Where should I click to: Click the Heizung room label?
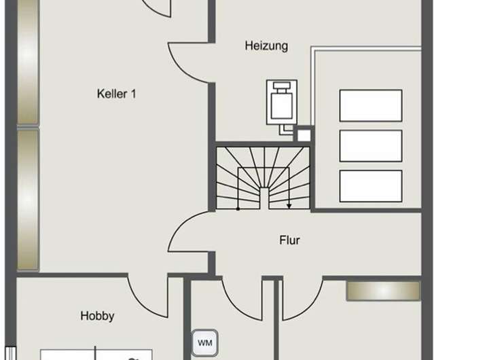pyautogui.click(x=266, y=46)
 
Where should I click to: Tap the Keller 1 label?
pyautogui.click(x=116, y=94)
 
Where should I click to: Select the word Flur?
pyautogui.click(x=289, y=240)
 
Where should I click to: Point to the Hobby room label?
pyautogui.click(x=97, y=316)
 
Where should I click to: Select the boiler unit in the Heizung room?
pyautogui.click(x=281, y=103)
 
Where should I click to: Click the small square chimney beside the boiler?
pyautogui.click(x=304, y=134)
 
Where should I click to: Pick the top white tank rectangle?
pyautogui.click(x=370, y=105)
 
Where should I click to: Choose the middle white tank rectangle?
pyautogui.click(x=370, y=145)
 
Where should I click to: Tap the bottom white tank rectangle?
pyautogui.click(x=370, y=185)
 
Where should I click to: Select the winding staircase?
pyautogui.click(x=264, y=179)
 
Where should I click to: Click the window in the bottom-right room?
pyautogui.click(x=383, y=290)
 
